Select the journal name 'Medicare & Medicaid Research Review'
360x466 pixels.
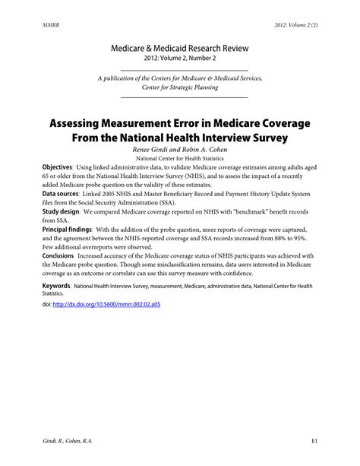click(180, 48)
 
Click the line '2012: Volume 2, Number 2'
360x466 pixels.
click(180, 59)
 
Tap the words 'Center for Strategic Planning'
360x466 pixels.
click(180, 87)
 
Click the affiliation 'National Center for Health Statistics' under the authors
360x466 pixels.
click(180, 159)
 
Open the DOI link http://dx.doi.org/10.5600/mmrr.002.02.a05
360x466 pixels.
click(117, 304)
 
